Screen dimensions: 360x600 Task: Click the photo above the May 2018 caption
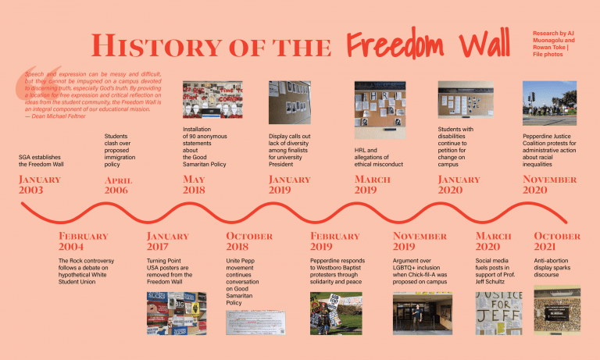(212, 99)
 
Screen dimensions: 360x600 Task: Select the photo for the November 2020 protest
(549, 104)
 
